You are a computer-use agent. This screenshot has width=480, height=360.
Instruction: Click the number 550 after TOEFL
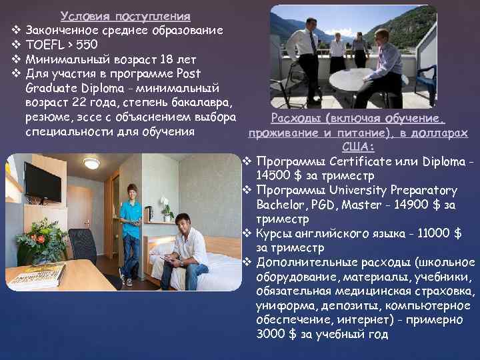(85, 45)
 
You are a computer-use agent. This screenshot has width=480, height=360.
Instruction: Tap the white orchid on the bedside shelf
(167, 209)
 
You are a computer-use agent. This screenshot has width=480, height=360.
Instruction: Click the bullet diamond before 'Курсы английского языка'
(246, 233)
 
